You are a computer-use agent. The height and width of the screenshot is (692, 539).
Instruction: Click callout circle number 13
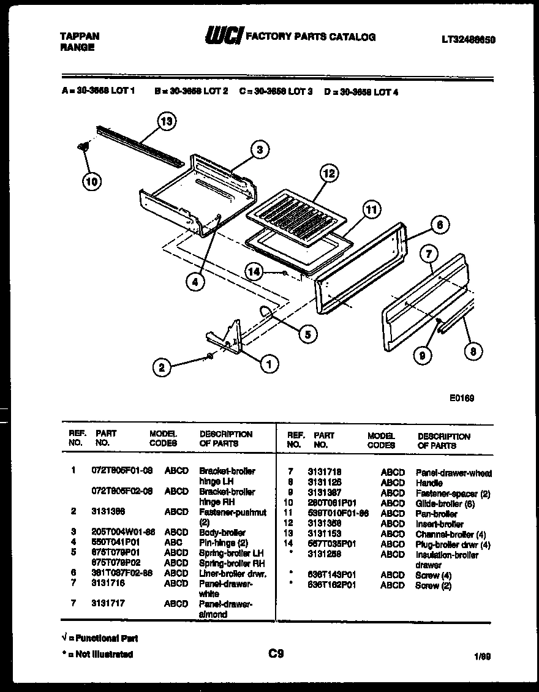point(166,121)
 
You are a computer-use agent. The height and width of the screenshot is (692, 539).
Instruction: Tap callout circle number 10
point(91,181)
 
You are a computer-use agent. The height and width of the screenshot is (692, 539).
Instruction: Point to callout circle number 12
point(329,174)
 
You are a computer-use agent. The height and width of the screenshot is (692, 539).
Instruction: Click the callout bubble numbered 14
point(255,271)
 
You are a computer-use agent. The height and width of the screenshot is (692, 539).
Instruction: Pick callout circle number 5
point(307,334)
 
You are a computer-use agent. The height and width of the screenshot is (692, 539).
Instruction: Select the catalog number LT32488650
point(468,40)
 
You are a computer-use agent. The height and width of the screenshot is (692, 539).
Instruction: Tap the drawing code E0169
point(462,398)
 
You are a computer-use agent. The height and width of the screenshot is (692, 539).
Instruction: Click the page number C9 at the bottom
point(276,653)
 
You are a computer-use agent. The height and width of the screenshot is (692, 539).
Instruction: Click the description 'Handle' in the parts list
point(429,483)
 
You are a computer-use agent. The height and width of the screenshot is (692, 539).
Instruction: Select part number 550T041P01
point(116,543)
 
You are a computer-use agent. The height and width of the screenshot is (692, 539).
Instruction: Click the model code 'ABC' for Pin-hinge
point(173,543)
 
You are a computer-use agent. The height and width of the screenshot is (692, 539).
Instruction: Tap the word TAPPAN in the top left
point(79,36)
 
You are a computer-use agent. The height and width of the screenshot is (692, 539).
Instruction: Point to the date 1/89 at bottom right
point(482,656)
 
